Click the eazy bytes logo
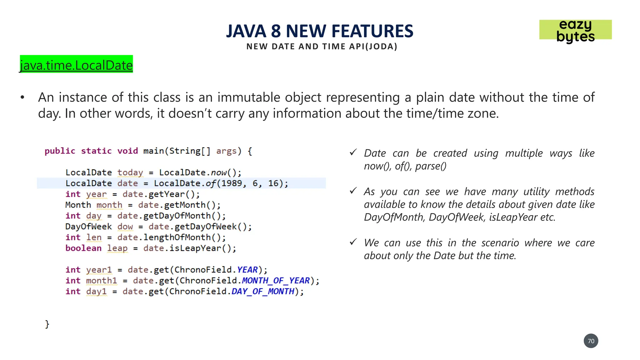(x=575, y=30)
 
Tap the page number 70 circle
(x=591, y=341)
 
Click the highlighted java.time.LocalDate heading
(x=76, y=65)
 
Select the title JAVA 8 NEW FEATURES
(x=319, y=31)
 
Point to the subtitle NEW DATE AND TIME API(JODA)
(x=322, y=47)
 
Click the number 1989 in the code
(x=232, y=183)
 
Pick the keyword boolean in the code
(x=83, y=248)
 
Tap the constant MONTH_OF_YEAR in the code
(x=276, y=281)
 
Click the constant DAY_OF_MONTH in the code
(x=263, y=292)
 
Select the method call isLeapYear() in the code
(x=202, y=248)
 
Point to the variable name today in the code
(x=130, y=172)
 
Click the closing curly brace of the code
(x=47, y=324)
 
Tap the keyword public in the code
(x=60, y=151)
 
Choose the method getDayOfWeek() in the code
(x=213, y=227)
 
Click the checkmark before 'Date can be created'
(x=353, y=152)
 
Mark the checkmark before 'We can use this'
(x=353, y=242)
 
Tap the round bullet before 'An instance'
(x=22, y=98)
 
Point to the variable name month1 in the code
(x=102, y=281)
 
